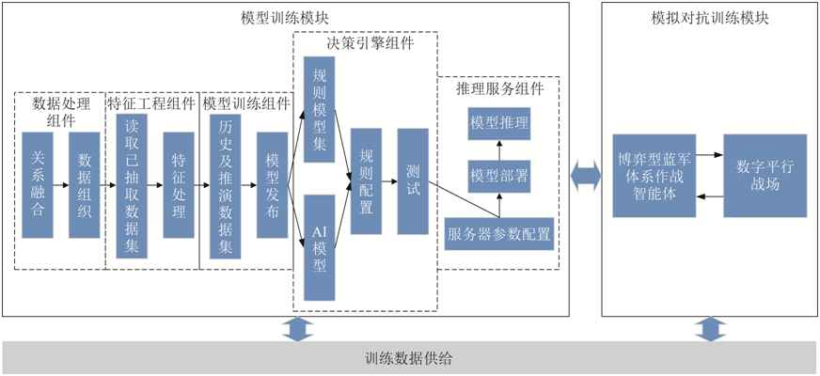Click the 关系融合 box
pyautogui.click(x=38, y=185)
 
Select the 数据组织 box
pyautogui.click(x=85, y=185)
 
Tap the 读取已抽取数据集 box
pyautogui.click(x=132, y=185)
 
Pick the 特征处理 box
pyautogui.click(x=179, y=185)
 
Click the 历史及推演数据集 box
pyautogui.click(x=226, y=185)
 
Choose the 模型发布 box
pyautogui.click(x=273, y=185)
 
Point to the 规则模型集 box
pyautogui.click(x=320, y=110)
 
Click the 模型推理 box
pyautogui.click(x=498, y=122)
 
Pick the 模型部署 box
pyautogui.click(x=498, y=176)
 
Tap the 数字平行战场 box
pyautogui.click(x=765, y=176)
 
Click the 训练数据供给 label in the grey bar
pyautogui.click(x=409, y=359)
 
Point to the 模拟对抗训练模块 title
pyautogui.click(x=710, y=17)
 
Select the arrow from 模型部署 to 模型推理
pyautogui.click(x=499, y=149)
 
